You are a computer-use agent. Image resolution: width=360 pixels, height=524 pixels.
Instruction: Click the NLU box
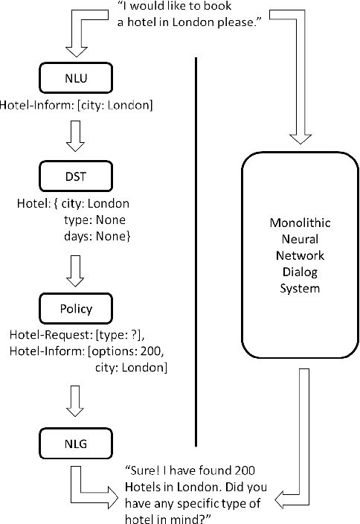[78, 77]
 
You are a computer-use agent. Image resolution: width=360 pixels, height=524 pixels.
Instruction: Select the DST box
[78, 176]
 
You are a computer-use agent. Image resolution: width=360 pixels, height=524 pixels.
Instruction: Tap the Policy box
[78, 307]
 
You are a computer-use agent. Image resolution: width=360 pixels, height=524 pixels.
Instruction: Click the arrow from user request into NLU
[78, 37]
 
